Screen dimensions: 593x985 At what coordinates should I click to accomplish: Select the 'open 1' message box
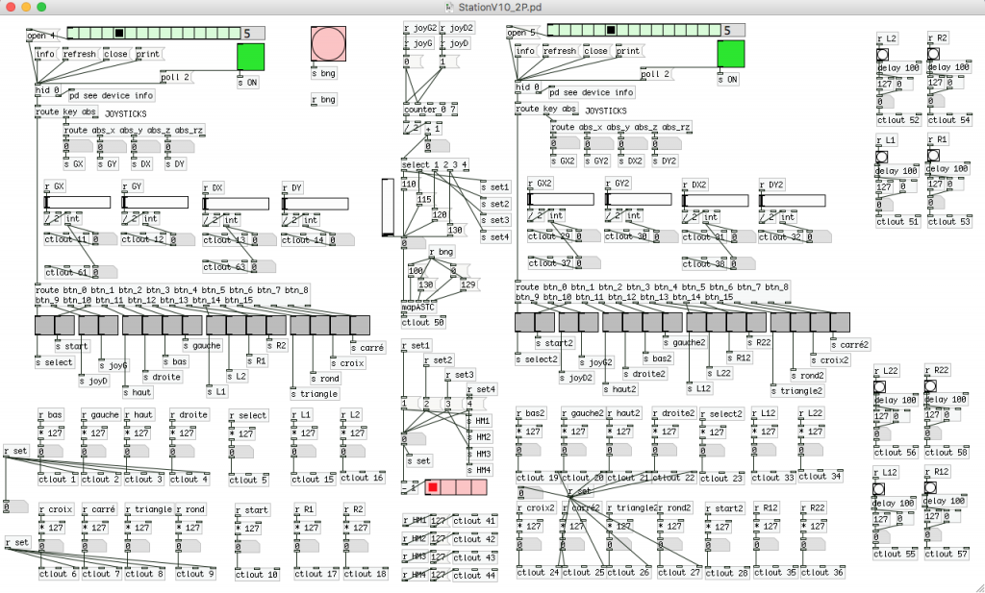41,36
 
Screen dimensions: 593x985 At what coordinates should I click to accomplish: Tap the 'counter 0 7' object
428,110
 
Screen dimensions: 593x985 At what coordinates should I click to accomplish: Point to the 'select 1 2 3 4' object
435,165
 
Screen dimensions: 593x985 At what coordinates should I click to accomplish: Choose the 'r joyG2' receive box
419,28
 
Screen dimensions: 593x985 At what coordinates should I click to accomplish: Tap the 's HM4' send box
478,470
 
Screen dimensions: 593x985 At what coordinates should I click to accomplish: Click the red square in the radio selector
433,487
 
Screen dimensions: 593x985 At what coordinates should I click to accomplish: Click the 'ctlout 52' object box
897,120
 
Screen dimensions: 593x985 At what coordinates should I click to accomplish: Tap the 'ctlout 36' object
824,573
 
